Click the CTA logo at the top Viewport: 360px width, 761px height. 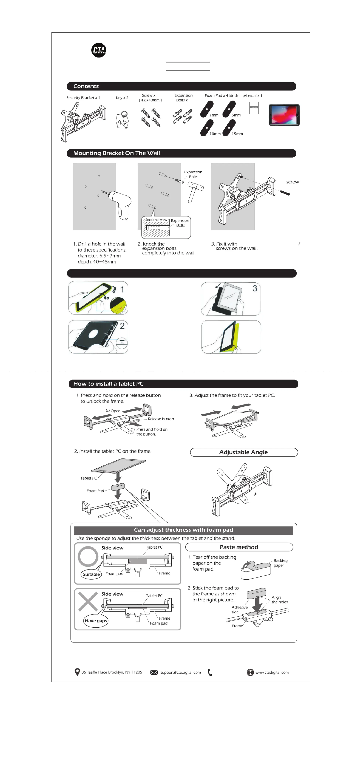point(99,50)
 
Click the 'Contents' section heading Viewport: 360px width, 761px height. point(86,86)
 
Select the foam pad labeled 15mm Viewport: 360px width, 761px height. point(229,128)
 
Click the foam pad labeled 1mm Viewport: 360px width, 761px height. point(207,109)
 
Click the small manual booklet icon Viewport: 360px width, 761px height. point(254,108)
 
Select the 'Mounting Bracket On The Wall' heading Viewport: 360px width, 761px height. point(117,153)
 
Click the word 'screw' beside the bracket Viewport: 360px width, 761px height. point(292,182)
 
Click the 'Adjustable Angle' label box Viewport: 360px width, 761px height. point(244,452)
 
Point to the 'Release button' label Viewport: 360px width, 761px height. point(161,419)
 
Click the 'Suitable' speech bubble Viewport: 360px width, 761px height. point(91,574)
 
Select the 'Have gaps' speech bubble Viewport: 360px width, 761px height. point(96,621)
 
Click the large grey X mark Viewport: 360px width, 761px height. point(88,601)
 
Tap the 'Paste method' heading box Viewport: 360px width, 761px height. point(239,547)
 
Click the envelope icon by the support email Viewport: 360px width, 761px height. point(154,672)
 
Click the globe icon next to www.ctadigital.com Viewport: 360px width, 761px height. point(250,672)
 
